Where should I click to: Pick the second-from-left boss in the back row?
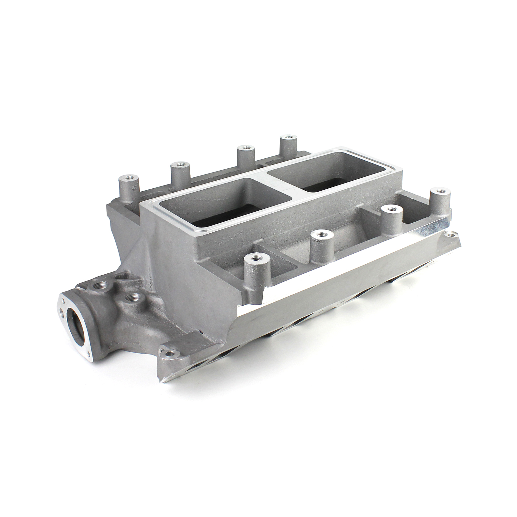pos(177,166)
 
